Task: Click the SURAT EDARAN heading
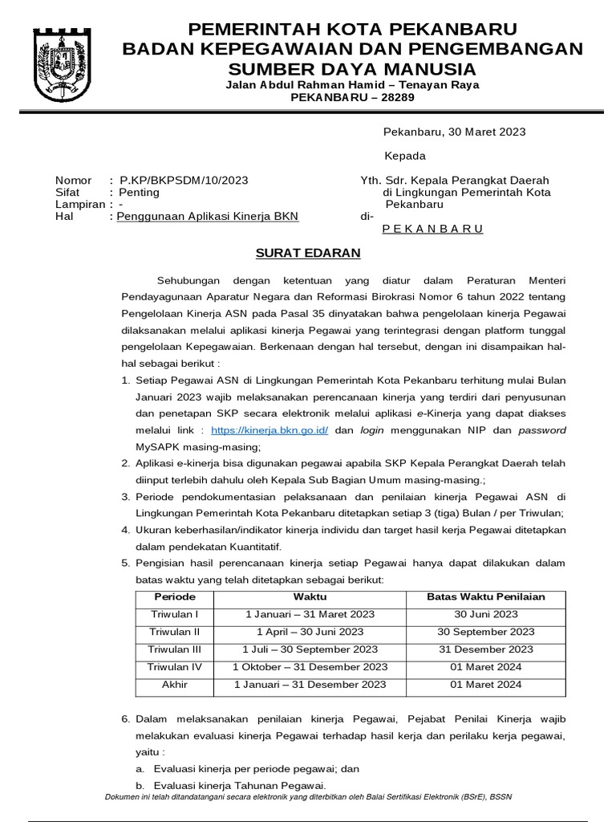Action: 308,253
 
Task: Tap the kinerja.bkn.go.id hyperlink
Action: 269,430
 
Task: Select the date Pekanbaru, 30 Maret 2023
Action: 453,132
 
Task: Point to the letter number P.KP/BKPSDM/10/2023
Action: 183,181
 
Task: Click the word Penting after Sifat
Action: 139,193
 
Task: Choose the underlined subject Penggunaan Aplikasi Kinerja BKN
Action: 206,217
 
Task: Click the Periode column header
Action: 175,596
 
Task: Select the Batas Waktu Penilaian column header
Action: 485,596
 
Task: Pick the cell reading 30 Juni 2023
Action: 485,614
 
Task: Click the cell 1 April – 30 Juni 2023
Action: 310,632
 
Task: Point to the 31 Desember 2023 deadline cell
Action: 485,649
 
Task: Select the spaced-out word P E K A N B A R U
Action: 432,229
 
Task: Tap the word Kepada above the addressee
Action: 405,156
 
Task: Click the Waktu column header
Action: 310,596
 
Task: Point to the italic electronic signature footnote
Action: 309,796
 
